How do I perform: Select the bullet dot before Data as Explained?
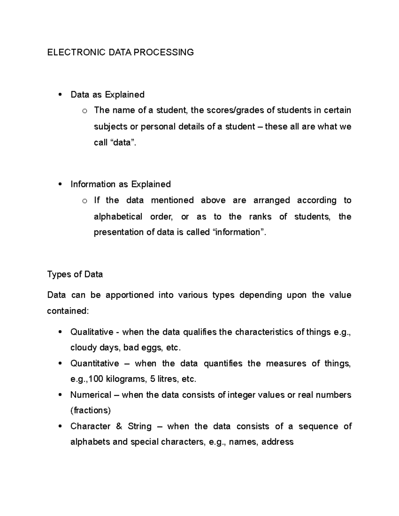(60, 95)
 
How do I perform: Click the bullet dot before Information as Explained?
(60, 184)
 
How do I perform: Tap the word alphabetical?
(118, 217)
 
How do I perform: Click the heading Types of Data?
(75, 274)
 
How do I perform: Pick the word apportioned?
(130, 295)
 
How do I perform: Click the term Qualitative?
(92, 332)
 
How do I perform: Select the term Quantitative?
(94, 363)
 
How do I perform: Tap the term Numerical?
(91, 395)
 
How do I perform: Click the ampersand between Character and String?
(119, 426)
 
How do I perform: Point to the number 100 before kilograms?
(96, 379)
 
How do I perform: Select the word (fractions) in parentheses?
(90, 411)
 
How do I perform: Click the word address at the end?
(277, 442)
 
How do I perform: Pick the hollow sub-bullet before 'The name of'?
(84, 111)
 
